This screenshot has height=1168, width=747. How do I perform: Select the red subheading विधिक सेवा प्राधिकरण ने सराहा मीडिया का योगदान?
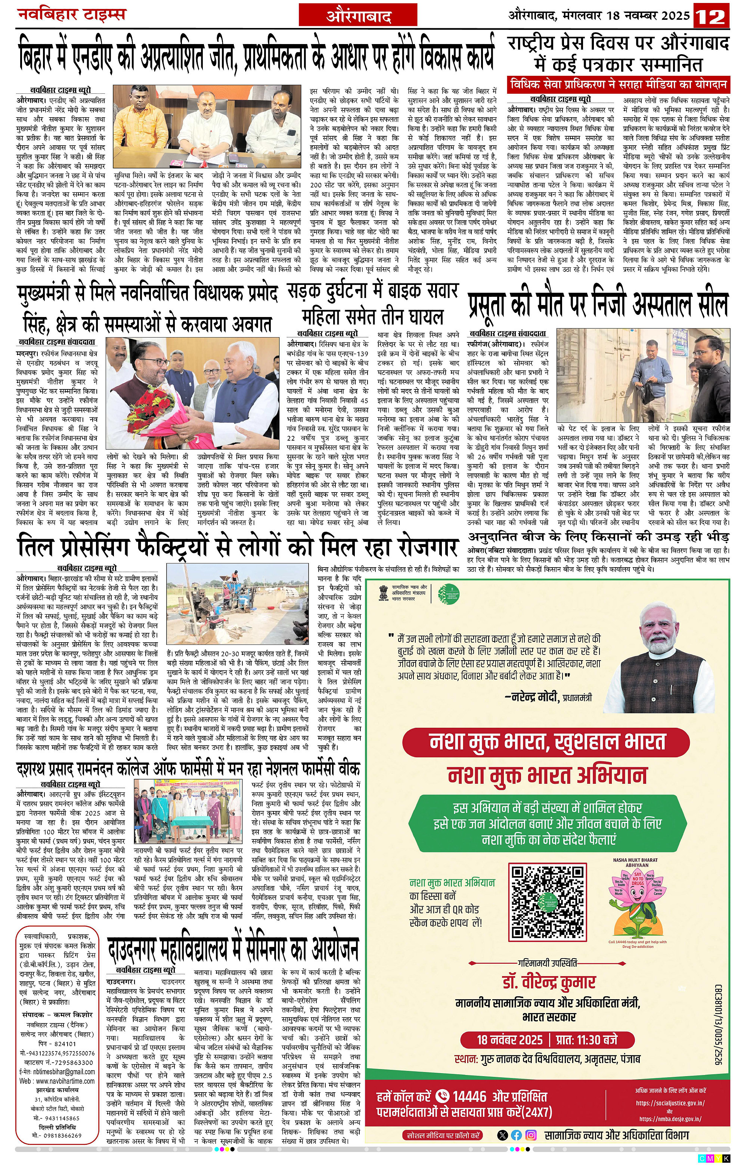(x=619, y=84)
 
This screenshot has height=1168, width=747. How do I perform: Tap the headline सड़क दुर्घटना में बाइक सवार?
(x=372, y=291)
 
